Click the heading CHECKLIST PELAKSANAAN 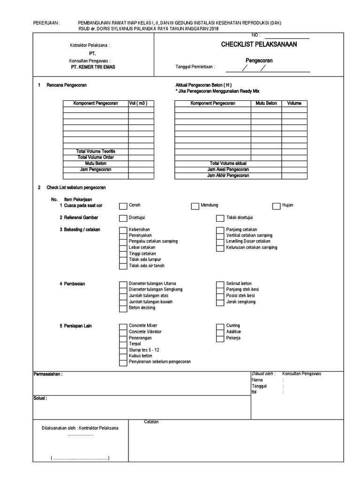click(x=259, y=45)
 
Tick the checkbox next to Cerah click(x=122, y=206)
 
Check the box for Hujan click(x=276, y=206)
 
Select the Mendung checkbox click(x=195, y=206)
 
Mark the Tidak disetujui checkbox click(x=220, y=218)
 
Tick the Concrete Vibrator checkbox click(x=122, y=332)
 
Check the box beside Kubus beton click(x=122, y=356)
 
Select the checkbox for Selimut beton click(x=220, y=284)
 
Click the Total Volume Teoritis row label click(x=95, y=151)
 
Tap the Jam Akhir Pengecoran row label click(x=228, y=176)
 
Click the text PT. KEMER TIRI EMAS click(x=92, y=67)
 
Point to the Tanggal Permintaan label click(x=195, y=67)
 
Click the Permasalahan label click(x=48, y=375)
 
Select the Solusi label click(x=40, y=398)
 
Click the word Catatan click(x=151, y=422)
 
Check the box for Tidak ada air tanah click(x=122, y=266)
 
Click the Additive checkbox click(x=220, y=332)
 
